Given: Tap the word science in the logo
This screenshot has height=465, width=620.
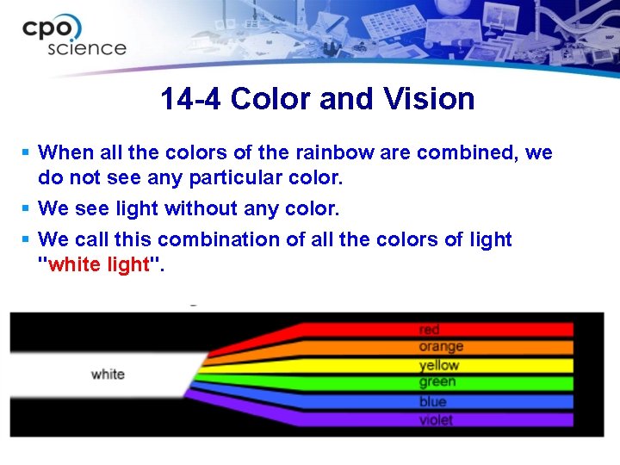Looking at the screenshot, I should pos(86,49).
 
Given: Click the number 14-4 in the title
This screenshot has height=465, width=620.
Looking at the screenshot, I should pos(191,99).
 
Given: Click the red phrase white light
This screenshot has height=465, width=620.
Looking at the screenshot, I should pos(100,264).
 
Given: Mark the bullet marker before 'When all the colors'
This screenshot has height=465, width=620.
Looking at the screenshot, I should pos(27,152).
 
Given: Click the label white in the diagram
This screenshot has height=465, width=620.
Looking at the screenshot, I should pos(108,375).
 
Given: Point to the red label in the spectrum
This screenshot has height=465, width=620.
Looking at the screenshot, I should pos(430,330).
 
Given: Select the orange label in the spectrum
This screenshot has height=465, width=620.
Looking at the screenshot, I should pos(441,346).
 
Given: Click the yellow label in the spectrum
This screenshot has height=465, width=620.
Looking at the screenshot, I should pos(439,365).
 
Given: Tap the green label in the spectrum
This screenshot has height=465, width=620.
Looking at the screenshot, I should pos(437,382).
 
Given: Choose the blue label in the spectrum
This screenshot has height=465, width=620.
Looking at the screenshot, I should pos(432,401).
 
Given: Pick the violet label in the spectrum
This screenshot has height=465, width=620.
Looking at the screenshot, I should pos(436,420).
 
